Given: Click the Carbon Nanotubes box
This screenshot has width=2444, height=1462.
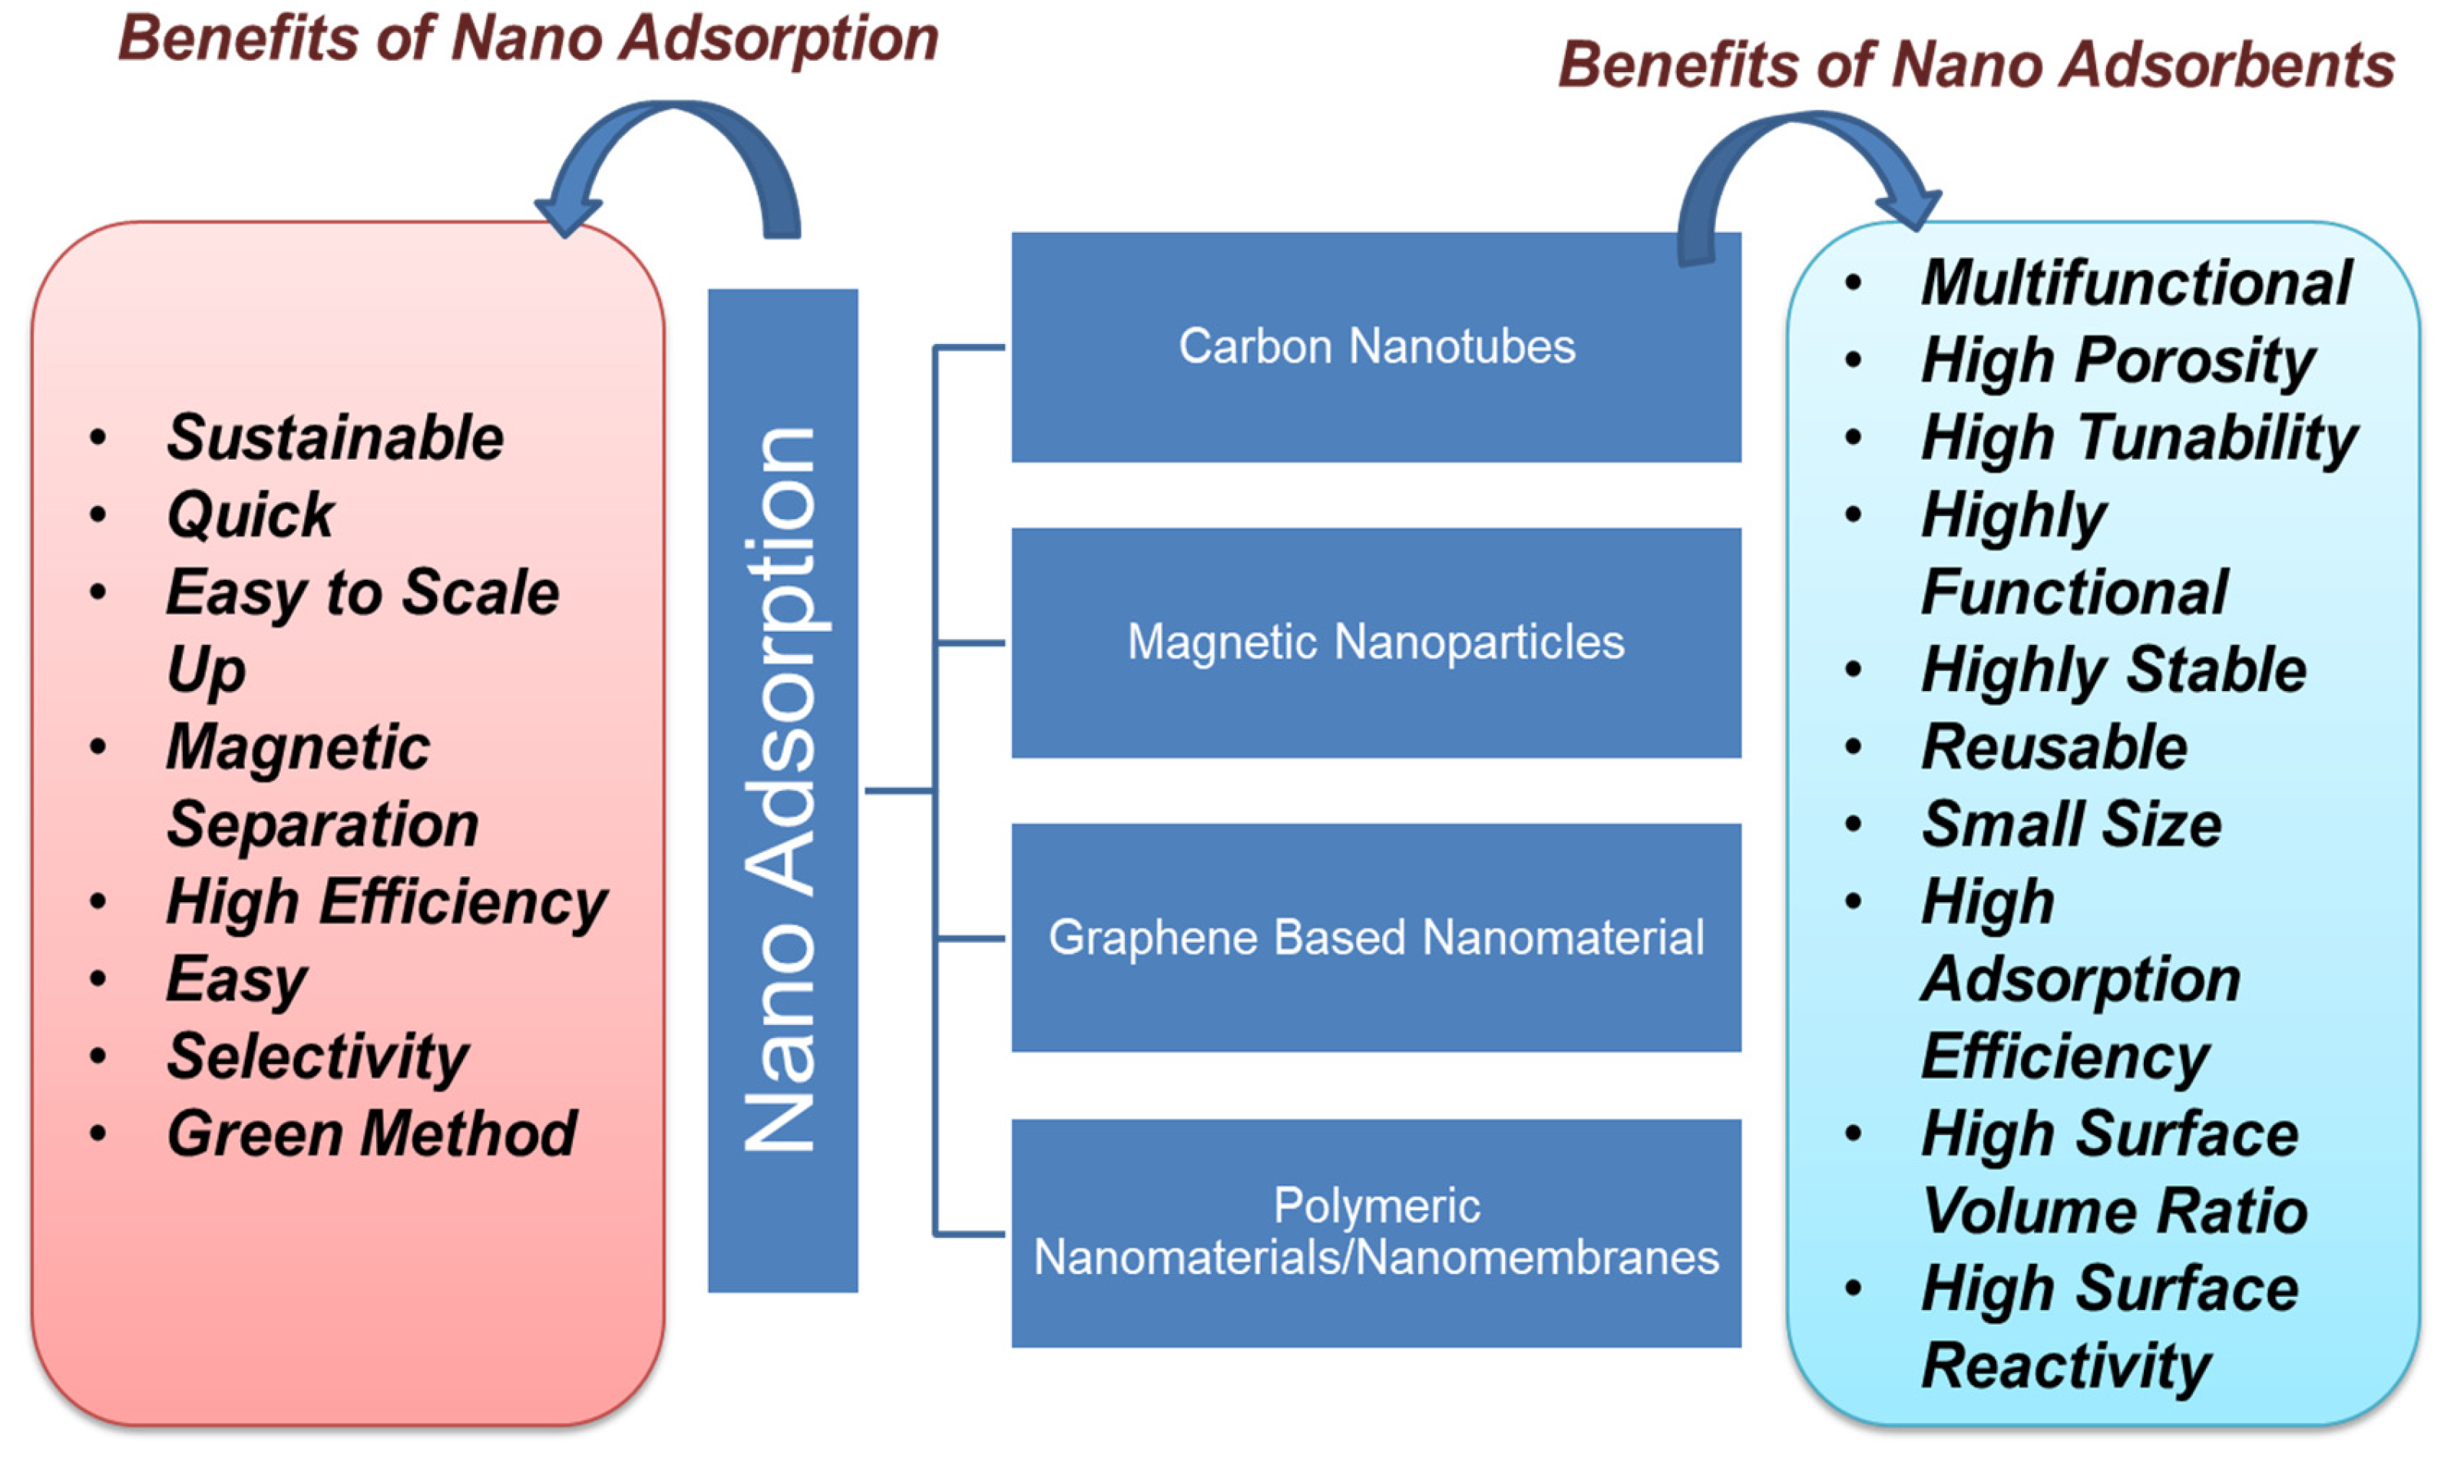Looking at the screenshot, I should pos(1375,347).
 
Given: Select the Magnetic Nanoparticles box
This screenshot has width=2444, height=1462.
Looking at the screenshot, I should pos(1375,643).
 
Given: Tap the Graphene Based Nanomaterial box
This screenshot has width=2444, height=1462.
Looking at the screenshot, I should pos(1375,937).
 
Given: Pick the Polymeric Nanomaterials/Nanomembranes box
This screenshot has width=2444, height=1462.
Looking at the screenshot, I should pos(1375,1232).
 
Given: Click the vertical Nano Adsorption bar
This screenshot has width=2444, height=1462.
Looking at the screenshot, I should pos(782,789).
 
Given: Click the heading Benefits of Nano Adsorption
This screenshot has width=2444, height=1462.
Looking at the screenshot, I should pos(527,39).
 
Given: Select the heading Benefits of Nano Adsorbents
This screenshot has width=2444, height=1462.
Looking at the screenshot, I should pos(1975,65).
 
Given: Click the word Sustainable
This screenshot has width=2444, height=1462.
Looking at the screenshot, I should pos(335,438).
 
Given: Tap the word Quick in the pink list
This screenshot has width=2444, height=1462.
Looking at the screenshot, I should pos(250,514).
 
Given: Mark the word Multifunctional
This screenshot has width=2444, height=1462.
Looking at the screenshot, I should pos(2135,284).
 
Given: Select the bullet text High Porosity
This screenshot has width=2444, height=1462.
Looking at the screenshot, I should pos(2118,361).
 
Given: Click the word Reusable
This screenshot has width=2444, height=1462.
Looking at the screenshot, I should pos(2054,747).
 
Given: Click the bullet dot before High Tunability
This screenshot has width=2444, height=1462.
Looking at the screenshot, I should pos(1853,438).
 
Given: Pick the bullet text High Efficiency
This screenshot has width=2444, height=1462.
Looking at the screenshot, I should pos(386,902).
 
